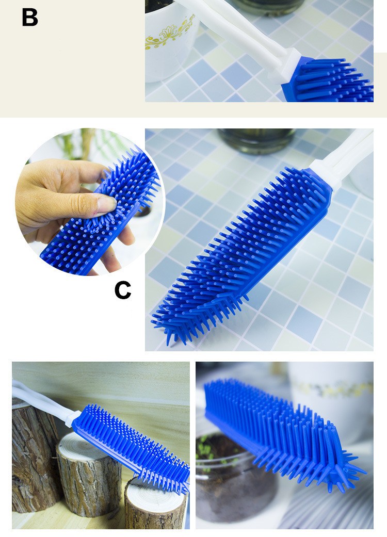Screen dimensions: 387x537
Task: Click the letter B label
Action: [30, 17]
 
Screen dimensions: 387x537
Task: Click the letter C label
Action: [123, 290]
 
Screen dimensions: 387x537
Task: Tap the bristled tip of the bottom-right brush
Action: [343, 469]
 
